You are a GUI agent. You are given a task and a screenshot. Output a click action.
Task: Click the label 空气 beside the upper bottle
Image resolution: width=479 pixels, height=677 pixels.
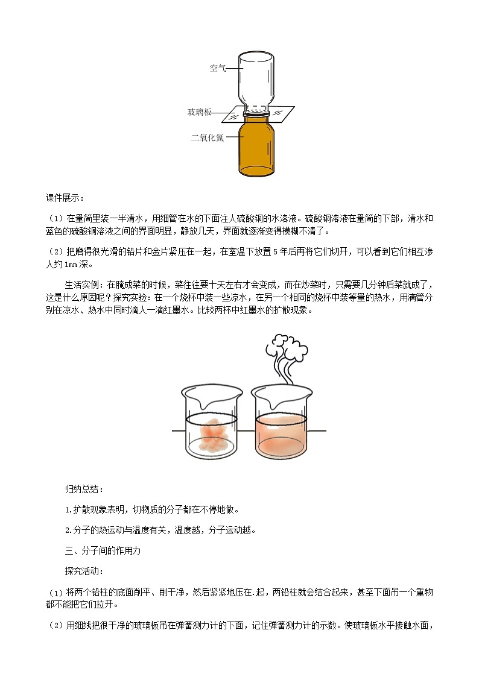coord(218,68)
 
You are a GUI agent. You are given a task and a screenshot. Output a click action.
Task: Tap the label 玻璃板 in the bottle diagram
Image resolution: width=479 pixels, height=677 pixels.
coord(199,113)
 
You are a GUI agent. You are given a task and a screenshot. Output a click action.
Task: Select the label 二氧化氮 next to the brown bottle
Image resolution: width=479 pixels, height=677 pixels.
coord(208,137)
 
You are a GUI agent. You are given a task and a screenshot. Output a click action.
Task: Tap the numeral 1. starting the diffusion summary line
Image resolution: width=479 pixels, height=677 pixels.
coord(68,509)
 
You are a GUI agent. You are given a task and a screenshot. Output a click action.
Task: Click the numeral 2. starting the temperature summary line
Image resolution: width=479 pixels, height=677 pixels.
coord(68,531)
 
